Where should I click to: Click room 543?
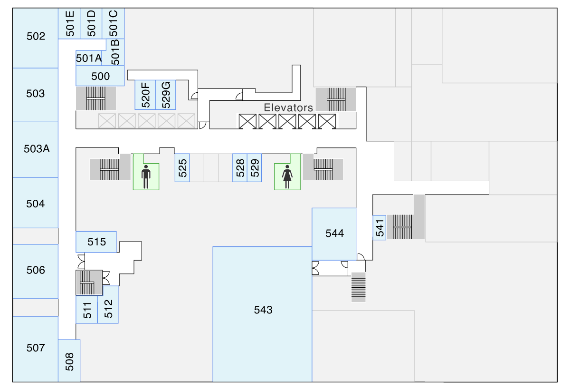pyautogui.click(x=262, y=311)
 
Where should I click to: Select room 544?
pyautogui.click(x=334, y=234)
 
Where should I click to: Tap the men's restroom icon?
pyautogui.click(x=146, y=176)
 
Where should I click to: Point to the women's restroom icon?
pyautogui.click(x=287, y=176)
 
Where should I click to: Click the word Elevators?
pyautogui.click(x=288, y=107)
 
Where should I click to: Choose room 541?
pyautogui.click(x=379, y=228)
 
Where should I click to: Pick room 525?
pyautogui.click(x=182, y=167)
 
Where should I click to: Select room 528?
pyautogui.click(x=240, y=167)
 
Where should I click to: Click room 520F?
pyautogui.click(x=145, y=95)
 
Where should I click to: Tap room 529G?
pyautogui.click(x=166, y=95)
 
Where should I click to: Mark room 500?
pyautogui.click(x=100, y=76)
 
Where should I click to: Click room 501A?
pyautogui.click(x=89, y=58)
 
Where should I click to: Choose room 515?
pyautogui.click(x=96, y=242)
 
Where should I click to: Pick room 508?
pyautogui.click(x=69, y=361)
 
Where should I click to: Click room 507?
pyautogui.click(x=36, y=348)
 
